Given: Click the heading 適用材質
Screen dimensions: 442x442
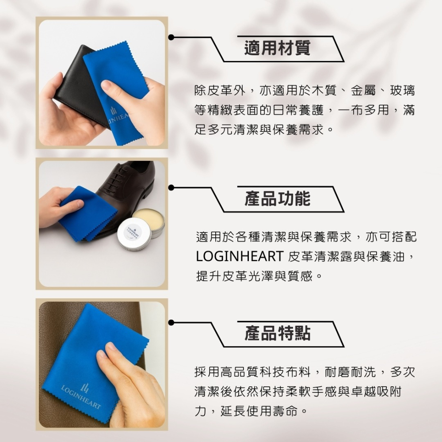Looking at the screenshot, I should tap(277, 48).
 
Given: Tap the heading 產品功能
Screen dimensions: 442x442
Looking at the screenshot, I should tap(277, 199).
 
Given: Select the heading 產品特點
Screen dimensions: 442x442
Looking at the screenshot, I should tap(277, 334).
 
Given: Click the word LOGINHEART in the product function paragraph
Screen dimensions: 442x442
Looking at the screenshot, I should tap(239, 256).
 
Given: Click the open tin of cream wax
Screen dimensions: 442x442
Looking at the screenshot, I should tap(149, 219).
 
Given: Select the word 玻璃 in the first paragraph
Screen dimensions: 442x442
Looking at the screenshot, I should tap(403, 91).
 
